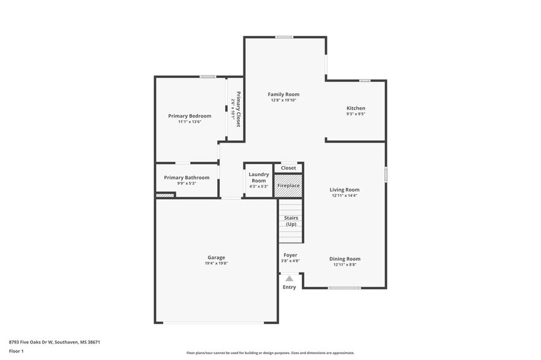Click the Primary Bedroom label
190,116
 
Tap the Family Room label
283,94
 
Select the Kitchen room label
356,108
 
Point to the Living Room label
344,190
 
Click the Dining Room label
344,259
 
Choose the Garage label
216,258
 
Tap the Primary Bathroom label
186,178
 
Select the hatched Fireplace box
288,186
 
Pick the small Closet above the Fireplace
288,168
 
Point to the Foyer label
290,255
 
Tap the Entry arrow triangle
290,279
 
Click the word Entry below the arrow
289,287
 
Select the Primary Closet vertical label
238,110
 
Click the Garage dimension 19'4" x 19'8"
216,264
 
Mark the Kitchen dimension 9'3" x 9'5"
356,114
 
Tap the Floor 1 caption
16,351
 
